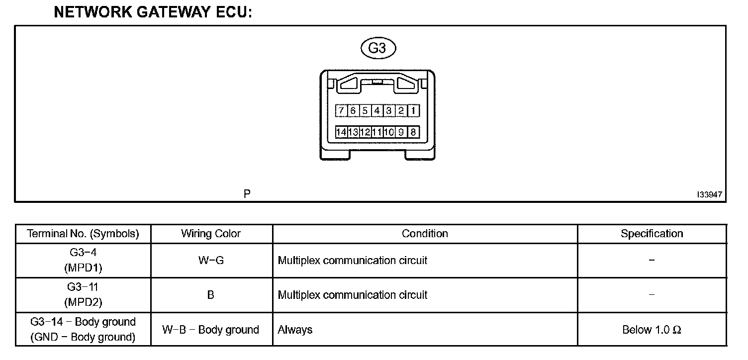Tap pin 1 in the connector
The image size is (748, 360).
[x=413, y=110]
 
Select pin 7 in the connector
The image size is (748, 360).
[x=341, y=110]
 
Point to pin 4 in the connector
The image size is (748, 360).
[x=377, y=110]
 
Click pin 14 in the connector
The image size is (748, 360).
[x=341, y=132]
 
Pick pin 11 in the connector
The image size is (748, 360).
[x=377, y=132]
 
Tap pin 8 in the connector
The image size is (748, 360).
[x=413, y=132]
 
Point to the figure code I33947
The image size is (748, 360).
[x=710, y=195]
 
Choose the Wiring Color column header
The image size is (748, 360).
[x=211, y=234]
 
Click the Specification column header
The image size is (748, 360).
[x=652, y=234]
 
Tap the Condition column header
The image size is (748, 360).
[x=425, y=234]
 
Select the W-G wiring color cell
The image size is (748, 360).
[x=211, y=260]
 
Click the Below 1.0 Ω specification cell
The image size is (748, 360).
[x=652, y=330]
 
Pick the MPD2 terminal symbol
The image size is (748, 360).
[x=83, y=302]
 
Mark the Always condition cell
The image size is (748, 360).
[x=295, y=330]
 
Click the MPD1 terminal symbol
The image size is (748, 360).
[x=83, y=268]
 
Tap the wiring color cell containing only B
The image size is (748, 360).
[x=211, y=295]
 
